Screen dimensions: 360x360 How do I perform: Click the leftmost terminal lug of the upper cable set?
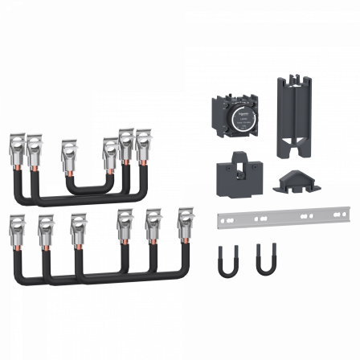(x=15, y=145)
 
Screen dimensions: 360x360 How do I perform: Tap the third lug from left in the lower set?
(x=78, y=226)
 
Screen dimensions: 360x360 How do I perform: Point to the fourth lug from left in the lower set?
(x=125, y=223)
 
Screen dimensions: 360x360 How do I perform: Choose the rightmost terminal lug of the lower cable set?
(x=185, y=222)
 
